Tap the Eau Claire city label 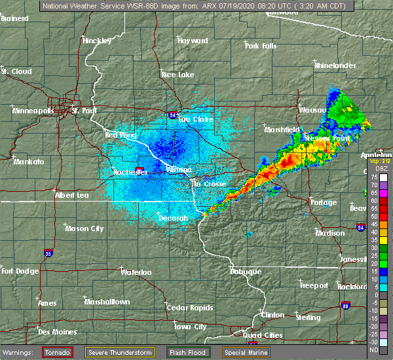[193, 119]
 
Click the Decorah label [174, 218]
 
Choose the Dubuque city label [246, 271]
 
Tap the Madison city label [329, 233]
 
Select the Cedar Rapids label [186, 308]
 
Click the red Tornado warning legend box [58, 352]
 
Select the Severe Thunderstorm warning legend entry [120, 352]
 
